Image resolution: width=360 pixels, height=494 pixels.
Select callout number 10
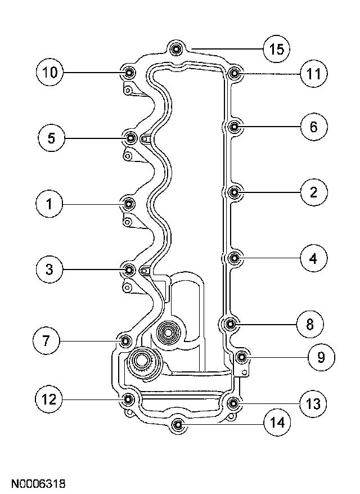[50, 72]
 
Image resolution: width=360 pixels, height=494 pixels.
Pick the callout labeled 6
[313, 127]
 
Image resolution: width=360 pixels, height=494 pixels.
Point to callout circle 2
[313, 192]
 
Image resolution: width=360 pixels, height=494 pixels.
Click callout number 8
[313, 324]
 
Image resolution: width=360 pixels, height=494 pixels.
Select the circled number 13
[313, 403]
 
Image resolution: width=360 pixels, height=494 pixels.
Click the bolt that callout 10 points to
[129, 73]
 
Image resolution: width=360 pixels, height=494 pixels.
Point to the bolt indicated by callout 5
[130, 138]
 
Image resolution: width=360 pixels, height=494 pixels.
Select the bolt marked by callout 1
[129, 203]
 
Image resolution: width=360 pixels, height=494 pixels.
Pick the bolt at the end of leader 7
[125, 340]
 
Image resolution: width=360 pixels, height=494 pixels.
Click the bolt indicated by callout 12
[129, 399]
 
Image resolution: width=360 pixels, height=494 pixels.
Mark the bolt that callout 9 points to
[242, 357]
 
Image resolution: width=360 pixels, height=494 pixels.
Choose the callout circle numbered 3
[50, 270]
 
